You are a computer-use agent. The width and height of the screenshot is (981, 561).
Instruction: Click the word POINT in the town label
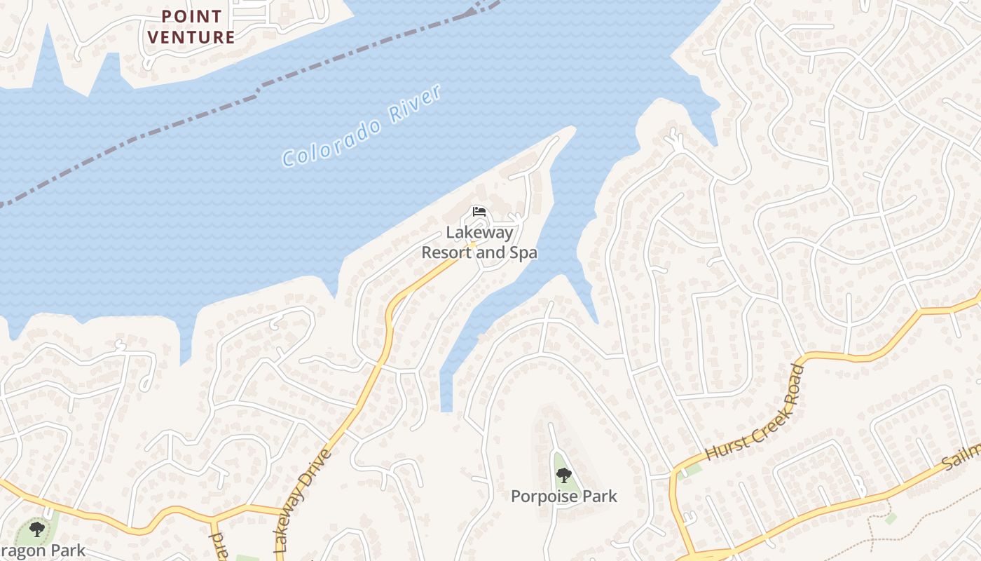192,16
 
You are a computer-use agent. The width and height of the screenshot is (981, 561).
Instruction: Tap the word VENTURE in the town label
192,37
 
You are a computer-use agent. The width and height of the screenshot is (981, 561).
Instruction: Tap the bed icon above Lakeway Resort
479,211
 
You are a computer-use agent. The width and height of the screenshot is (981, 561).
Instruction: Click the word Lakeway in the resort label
480,232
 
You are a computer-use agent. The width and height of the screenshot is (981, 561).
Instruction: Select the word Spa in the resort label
523,252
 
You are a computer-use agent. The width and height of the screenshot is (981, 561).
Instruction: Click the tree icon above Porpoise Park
563,476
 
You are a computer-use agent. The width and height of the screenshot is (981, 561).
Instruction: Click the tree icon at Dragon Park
36,529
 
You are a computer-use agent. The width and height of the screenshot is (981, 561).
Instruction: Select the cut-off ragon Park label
42,550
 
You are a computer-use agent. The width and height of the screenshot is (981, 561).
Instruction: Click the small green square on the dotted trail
891,518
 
